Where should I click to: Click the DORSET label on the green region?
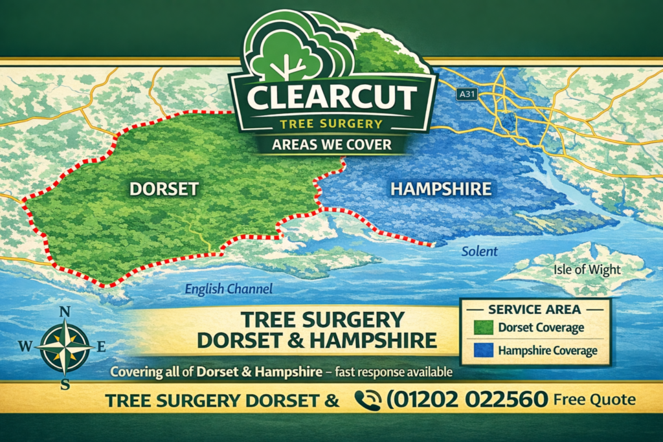(x=164, y=190)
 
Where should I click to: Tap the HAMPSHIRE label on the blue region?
(x=441, y=190)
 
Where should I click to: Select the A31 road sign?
(x=467, y=94)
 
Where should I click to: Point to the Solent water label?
(x=480, y=251)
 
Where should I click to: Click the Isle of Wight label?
(x=587, y=270)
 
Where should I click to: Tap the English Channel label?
(x=229, y=289)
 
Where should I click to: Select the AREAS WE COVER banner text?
(x=331, y=144)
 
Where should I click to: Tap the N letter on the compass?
(x=65, y=312)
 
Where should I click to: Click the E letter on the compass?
(x=101, y=347)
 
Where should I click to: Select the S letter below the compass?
(x=65, y=384)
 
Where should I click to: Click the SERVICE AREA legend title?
(x=534, y=309)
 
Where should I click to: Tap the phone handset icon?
(x=368, y=401)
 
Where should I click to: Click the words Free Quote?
(x=594, y=400)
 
